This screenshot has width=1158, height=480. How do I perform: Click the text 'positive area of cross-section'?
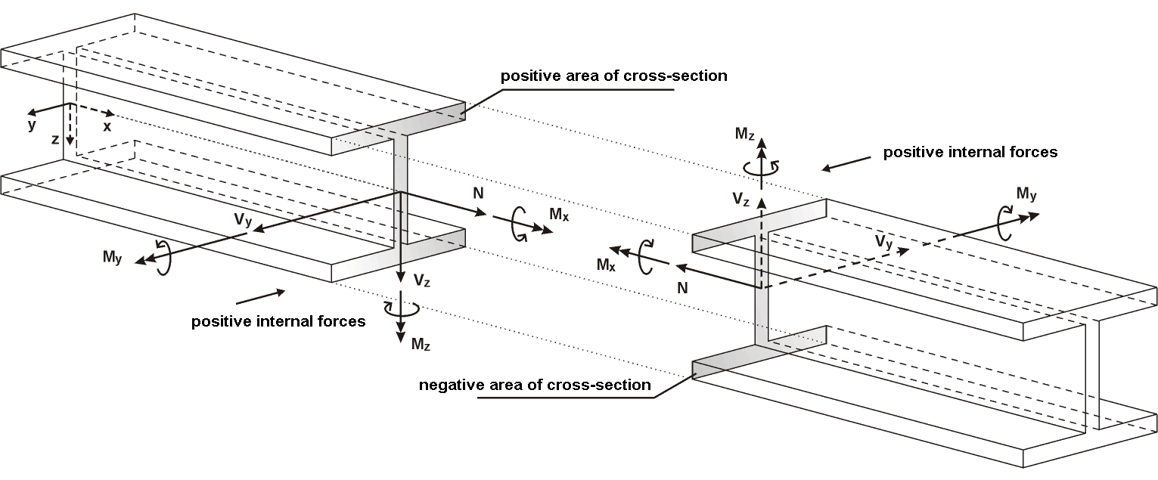pyautogui.click(x=613, y=76)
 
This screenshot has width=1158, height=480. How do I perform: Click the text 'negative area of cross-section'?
pyautogui.click(x=535, y=385)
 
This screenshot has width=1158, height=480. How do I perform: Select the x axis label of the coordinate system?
pyautogui.click(x=107, y=127)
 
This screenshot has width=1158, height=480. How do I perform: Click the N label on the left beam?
pyautogui.click(x=478, y=193)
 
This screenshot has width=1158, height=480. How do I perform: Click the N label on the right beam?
pyautogui.click(x=683, y=287)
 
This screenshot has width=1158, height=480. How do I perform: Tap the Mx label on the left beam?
pyautogui.click(x=559, y=215)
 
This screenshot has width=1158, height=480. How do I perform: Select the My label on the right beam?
pyautogui.click(x=1026, y=195)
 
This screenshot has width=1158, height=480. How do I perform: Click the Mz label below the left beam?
pyautogui.click(x=421, y=345)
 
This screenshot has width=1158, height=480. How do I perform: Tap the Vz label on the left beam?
pyautogui.click(x=423, y=279)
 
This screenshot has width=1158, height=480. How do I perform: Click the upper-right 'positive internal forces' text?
pyautogui.click(x=970, y=152)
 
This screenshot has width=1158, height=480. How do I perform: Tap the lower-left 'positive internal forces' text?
pyautogui.click(x=278, y=321)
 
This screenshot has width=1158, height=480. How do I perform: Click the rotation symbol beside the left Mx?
pyautogui.click(x=520, y=225)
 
